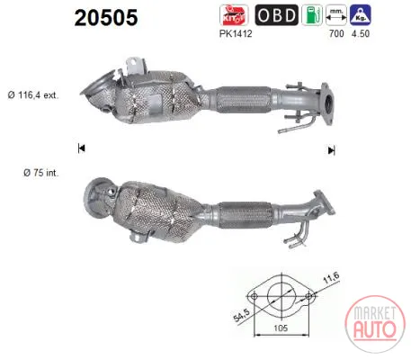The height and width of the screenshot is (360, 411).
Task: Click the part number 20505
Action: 106,17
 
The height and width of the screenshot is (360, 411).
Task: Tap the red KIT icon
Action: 234,15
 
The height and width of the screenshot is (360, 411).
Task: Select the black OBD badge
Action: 276,15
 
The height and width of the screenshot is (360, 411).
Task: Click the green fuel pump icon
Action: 312,15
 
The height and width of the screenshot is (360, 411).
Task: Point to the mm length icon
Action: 336,15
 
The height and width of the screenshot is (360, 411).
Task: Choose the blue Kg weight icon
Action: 361,15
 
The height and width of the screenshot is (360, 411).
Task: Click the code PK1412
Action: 236,33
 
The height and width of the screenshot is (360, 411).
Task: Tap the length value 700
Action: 336,33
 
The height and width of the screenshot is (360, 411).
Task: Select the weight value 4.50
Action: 361,33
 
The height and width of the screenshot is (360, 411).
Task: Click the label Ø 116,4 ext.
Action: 33,95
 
